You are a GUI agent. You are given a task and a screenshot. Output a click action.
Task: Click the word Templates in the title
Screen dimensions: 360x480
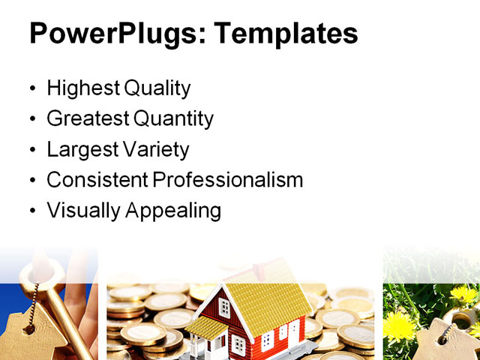285,34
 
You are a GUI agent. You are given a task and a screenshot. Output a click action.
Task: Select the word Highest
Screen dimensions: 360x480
82,88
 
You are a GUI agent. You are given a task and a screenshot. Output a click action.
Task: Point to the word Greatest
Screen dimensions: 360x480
87,118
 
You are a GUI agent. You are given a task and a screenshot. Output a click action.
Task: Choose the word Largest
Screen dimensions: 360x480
79,149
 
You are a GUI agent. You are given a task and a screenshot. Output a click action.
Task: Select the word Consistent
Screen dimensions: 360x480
97,180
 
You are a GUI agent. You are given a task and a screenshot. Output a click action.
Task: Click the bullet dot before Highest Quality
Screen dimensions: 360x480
31,89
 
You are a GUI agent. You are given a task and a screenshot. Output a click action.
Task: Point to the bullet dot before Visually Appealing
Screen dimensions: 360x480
31,211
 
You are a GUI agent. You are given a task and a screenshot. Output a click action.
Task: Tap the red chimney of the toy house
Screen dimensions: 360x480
259,269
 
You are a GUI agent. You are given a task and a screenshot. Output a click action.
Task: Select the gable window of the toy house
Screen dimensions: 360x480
223,307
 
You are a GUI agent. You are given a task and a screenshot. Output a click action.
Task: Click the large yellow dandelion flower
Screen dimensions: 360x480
401,327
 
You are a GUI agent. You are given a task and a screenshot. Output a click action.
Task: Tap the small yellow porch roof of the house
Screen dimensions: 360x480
205,326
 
